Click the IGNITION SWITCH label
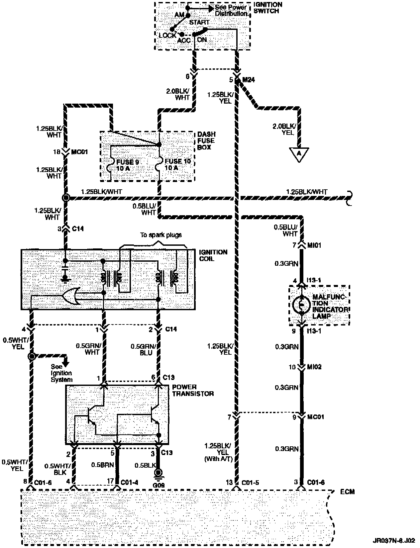pos(267,8)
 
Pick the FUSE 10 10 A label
pos(178,165)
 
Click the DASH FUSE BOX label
pos(206,140)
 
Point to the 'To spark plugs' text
pos(161,235)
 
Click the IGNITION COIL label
pos(213,255)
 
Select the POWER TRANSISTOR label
pos(193,390)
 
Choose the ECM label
pos(347,492)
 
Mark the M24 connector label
pos(249,80)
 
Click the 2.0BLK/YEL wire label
pos(283,129)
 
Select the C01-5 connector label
pos(251,482)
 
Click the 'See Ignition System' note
pos(61,373)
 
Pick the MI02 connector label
pos(314,367)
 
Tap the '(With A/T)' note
pos(218,459)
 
